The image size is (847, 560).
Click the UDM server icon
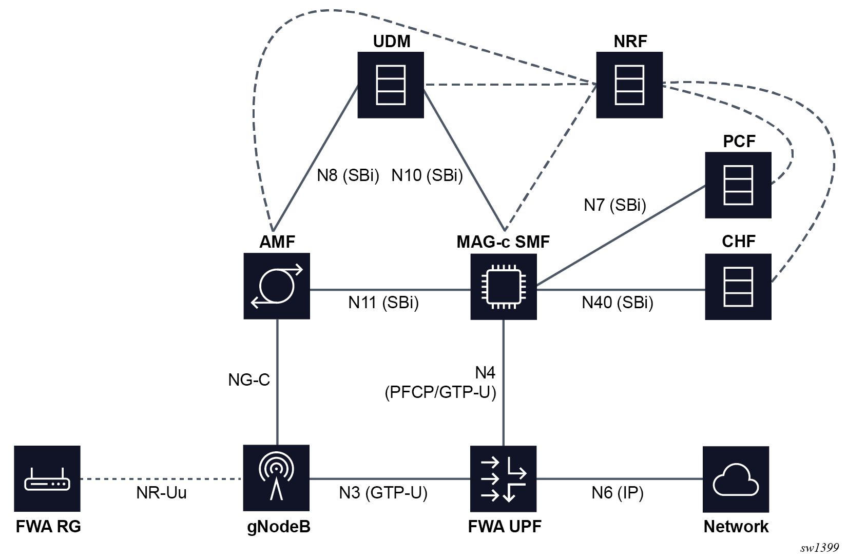[x=391, y=85]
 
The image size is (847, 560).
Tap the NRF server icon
[x=629, y=85]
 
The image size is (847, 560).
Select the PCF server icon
[x=738, y=185]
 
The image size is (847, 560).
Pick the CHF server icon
[x=738, y=287]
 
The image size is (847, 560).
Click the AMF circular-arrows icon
[x=277, y=286]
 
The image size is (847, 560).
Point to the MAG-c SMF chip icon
[x=504, y=287]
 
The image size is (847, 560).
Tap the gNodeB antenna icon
[x=277, y=478]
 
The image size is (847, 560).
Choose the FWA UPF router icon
[x=504, y=479]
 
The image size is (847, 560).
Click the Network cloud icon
[x=736, y=479]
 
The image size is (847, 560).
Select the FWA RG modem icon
[x=47, y=479]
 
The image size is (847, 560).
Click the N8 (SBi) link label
[x=348, y=175]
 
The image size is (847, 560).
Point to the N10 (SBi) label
[x=427, y=175]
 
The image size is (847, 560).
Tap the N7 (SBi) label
[x=615, y=205]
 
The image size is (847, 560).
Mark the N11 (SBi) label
[x=383, y=303]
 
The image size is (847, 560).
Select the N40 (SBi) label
[x=618, y=303]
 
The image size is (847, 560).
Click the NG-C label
[x=249, y=380]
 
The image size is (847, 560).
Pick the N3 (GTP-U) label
[x=383, y=493]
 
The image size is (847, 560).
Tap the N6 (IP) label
[x=618, y=493]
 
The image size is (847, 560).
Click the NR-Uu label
[x=161, y=493]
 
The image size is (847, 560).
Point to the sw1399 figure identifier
[x=819, y=548]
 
